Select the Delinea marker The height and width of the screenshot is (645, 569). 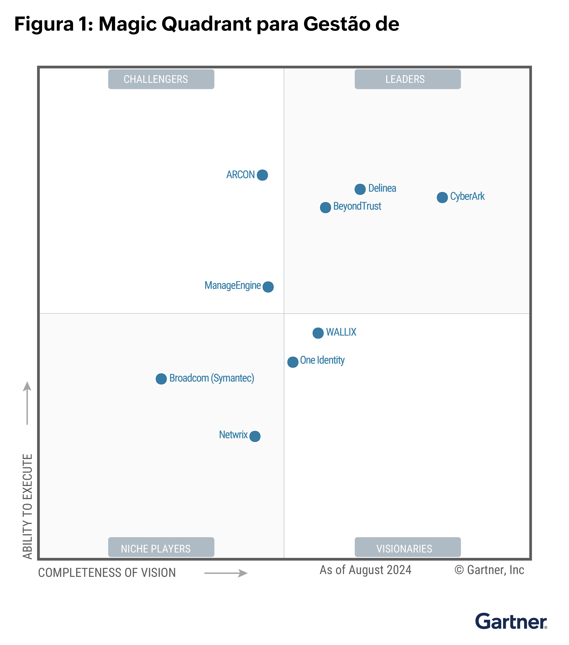360,189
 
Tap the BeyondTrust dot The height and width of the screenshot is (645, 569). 325,208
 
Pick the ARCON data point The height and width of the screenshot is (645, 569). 262,175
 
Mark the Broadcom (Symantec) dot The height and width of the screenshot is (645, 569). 161,379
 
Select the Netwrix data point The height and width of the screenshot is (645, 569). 255,436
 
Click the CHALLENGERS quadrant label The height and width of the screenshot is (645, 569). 161,79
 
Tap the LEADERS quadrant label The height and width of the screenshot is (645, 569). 407,79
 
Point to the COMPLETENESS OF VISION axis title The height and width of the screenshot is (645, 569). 107,573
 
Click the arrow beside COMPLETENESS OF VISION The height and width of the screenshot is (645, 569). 226,573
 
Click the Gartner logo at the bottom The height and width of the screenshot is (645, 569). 511,622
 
